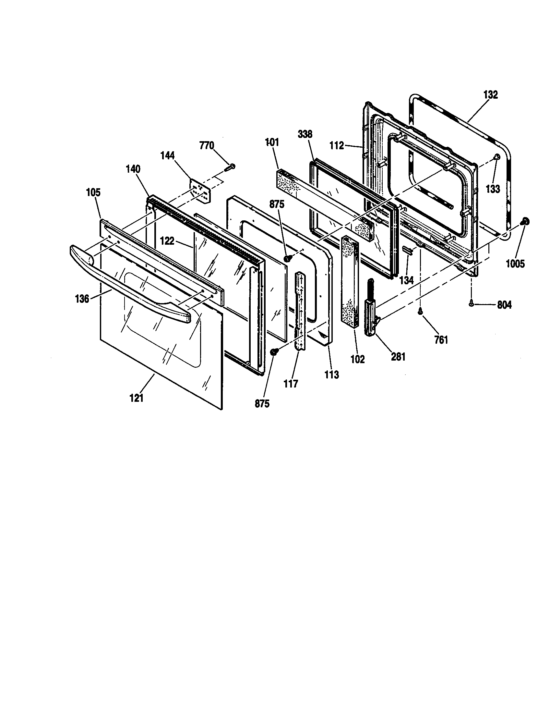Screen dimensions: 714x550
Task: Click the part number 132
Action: [490, 95]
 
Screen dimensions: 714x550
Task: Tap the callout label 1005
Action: [515, 264]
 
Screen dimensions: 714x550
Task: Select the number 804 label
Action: [504, 305]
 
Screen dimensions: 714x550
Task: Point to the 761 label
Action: [441, 340]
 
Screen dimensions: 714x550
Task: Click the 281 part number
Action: [398, 357]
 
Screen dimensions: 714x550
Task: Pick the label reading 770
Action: [207, 145]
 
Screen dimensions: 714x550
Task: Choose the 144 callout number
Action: [167, 155]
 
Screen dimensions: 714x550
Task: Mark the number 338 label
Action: [305, 134]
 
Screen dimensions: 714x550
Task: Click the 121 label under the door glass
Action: [137, 398]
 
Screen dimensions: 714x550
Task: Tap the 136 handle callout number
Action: [82, 299]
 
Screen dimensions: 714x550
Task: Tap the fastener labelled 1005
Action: [525, 222]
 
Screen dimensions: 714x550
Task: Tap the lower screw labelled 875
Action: [274, 351]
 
